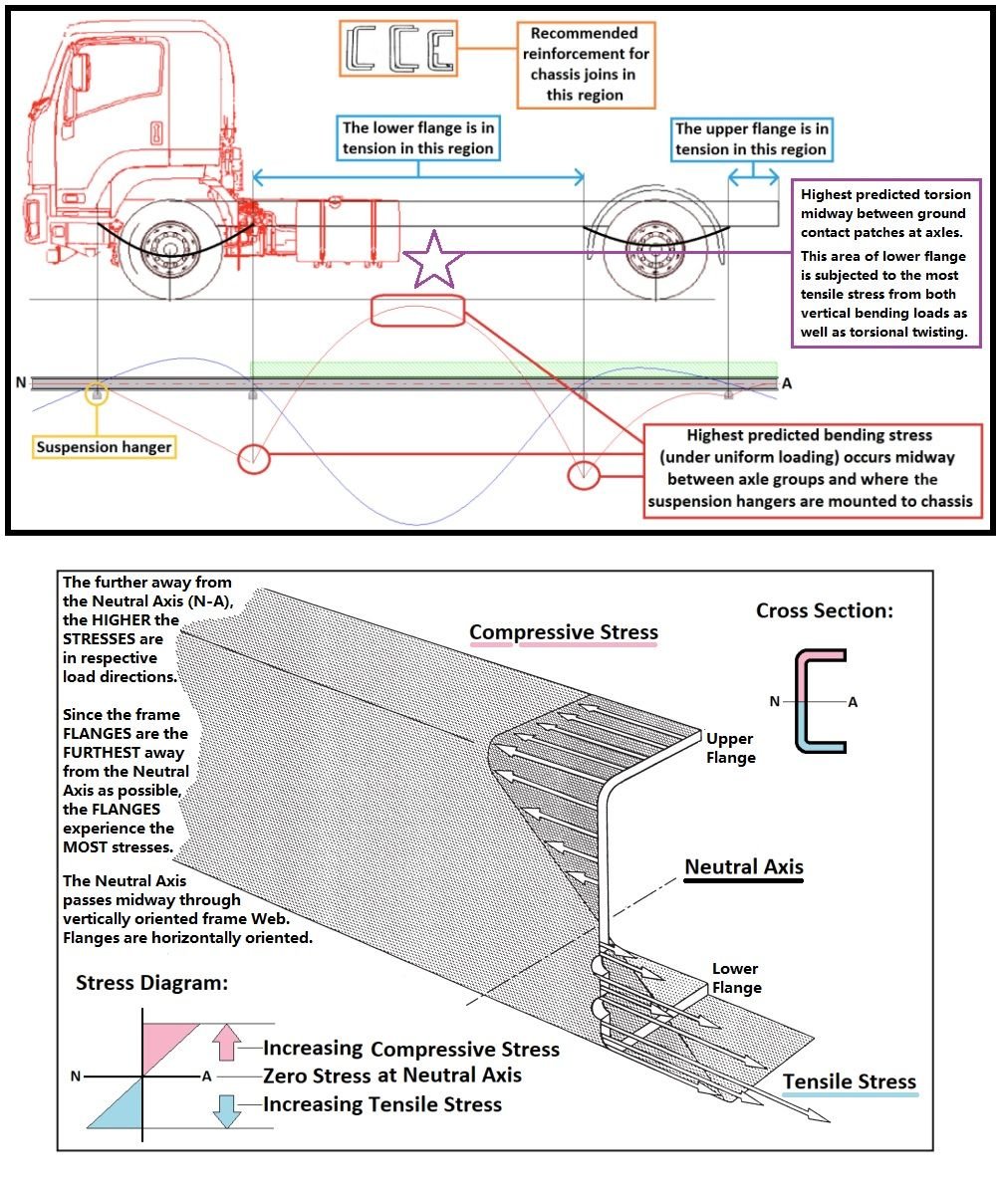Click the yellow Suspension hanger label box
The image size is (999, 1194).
(104, 447)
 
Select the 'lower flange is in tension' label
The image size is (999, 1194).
(418, 137)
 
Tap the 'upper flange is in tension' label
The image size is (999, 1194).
(751, 138)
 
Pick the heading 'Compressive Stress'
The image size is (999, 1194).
(563, 632)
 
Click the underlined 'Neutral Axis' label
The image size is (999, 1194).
(743, 867)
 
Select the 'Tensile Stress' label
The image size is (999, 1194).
(849, 1081)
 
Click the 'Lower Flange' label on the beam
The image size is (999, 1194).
(736, 977)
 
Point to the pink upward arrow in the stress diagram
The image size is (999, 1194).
(227, 1043)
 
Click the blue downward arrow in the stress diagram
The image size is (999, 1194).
(227, 1108)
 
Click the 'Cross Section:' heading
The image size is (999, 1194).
(824, 610)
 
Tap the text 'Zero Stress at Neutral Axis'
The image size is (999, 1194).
(391, 1075)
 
